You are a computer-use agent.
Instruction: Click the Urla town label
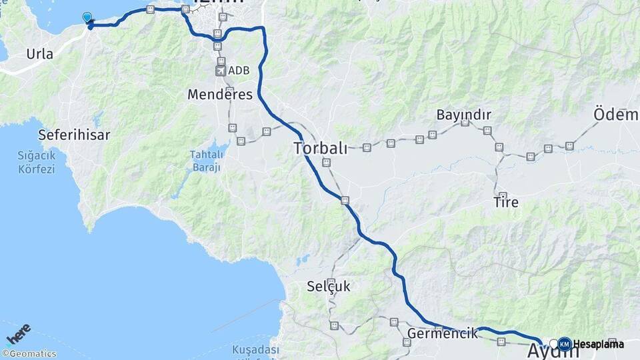[x=40, y=54]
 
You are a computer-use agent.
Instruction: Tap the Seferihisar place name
[x=74, y=135]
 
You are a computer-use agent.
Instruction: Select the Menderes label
[x=220, y=95]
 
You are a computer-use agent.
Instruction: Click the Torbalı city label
[x=321, y=148]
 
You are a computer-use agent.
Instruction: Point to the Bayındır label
[x=463, y=115]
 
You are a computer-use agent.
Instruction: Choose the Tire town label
[x=506, y=201]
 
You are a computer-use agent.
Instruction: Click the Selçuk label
[x=328, y=287]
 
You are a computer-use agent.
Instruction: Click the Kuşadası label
[x=255, y=350]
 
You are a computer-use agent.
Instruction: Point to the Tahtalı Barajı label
[x=206, y=161]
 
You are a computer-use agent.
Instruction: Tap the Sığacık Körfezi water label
[x=36, y=162]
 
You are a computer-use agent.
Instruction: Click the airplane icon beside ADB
[x=221, y=70]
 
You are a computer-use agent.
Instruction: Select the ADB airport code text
[x=238, y=70]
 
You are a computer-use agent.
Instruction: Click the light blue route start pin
[x=87, y=17]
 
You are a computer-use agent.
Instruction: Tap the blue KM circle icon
[x=564, y=344]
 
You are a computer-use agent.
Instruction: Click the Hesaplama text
[x=598, y=344]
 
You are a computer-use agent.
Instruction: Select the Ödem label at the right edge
[x=616, y=115]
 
